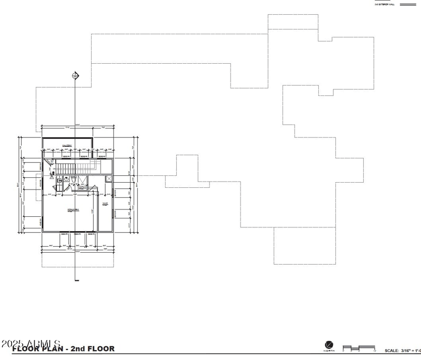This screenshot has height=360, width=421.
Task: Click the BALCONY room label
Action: [67, 145]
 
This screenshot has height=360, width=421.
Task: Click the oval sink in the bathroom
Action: [59, 180]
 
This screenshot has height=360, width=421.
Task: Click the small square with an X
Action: [109, 179]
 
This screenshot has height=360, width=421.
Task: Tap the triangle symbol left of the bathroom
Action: [53, 173]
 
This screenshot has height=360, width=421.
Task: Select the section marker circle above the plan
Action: [75, 76]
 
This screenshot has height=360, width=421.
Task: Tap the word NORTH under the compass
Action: [329, 351]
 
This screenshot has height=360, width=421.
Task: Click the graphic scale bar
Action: [358, 348]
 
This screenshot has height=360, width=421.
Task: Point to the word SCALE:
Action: [392, 351]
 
